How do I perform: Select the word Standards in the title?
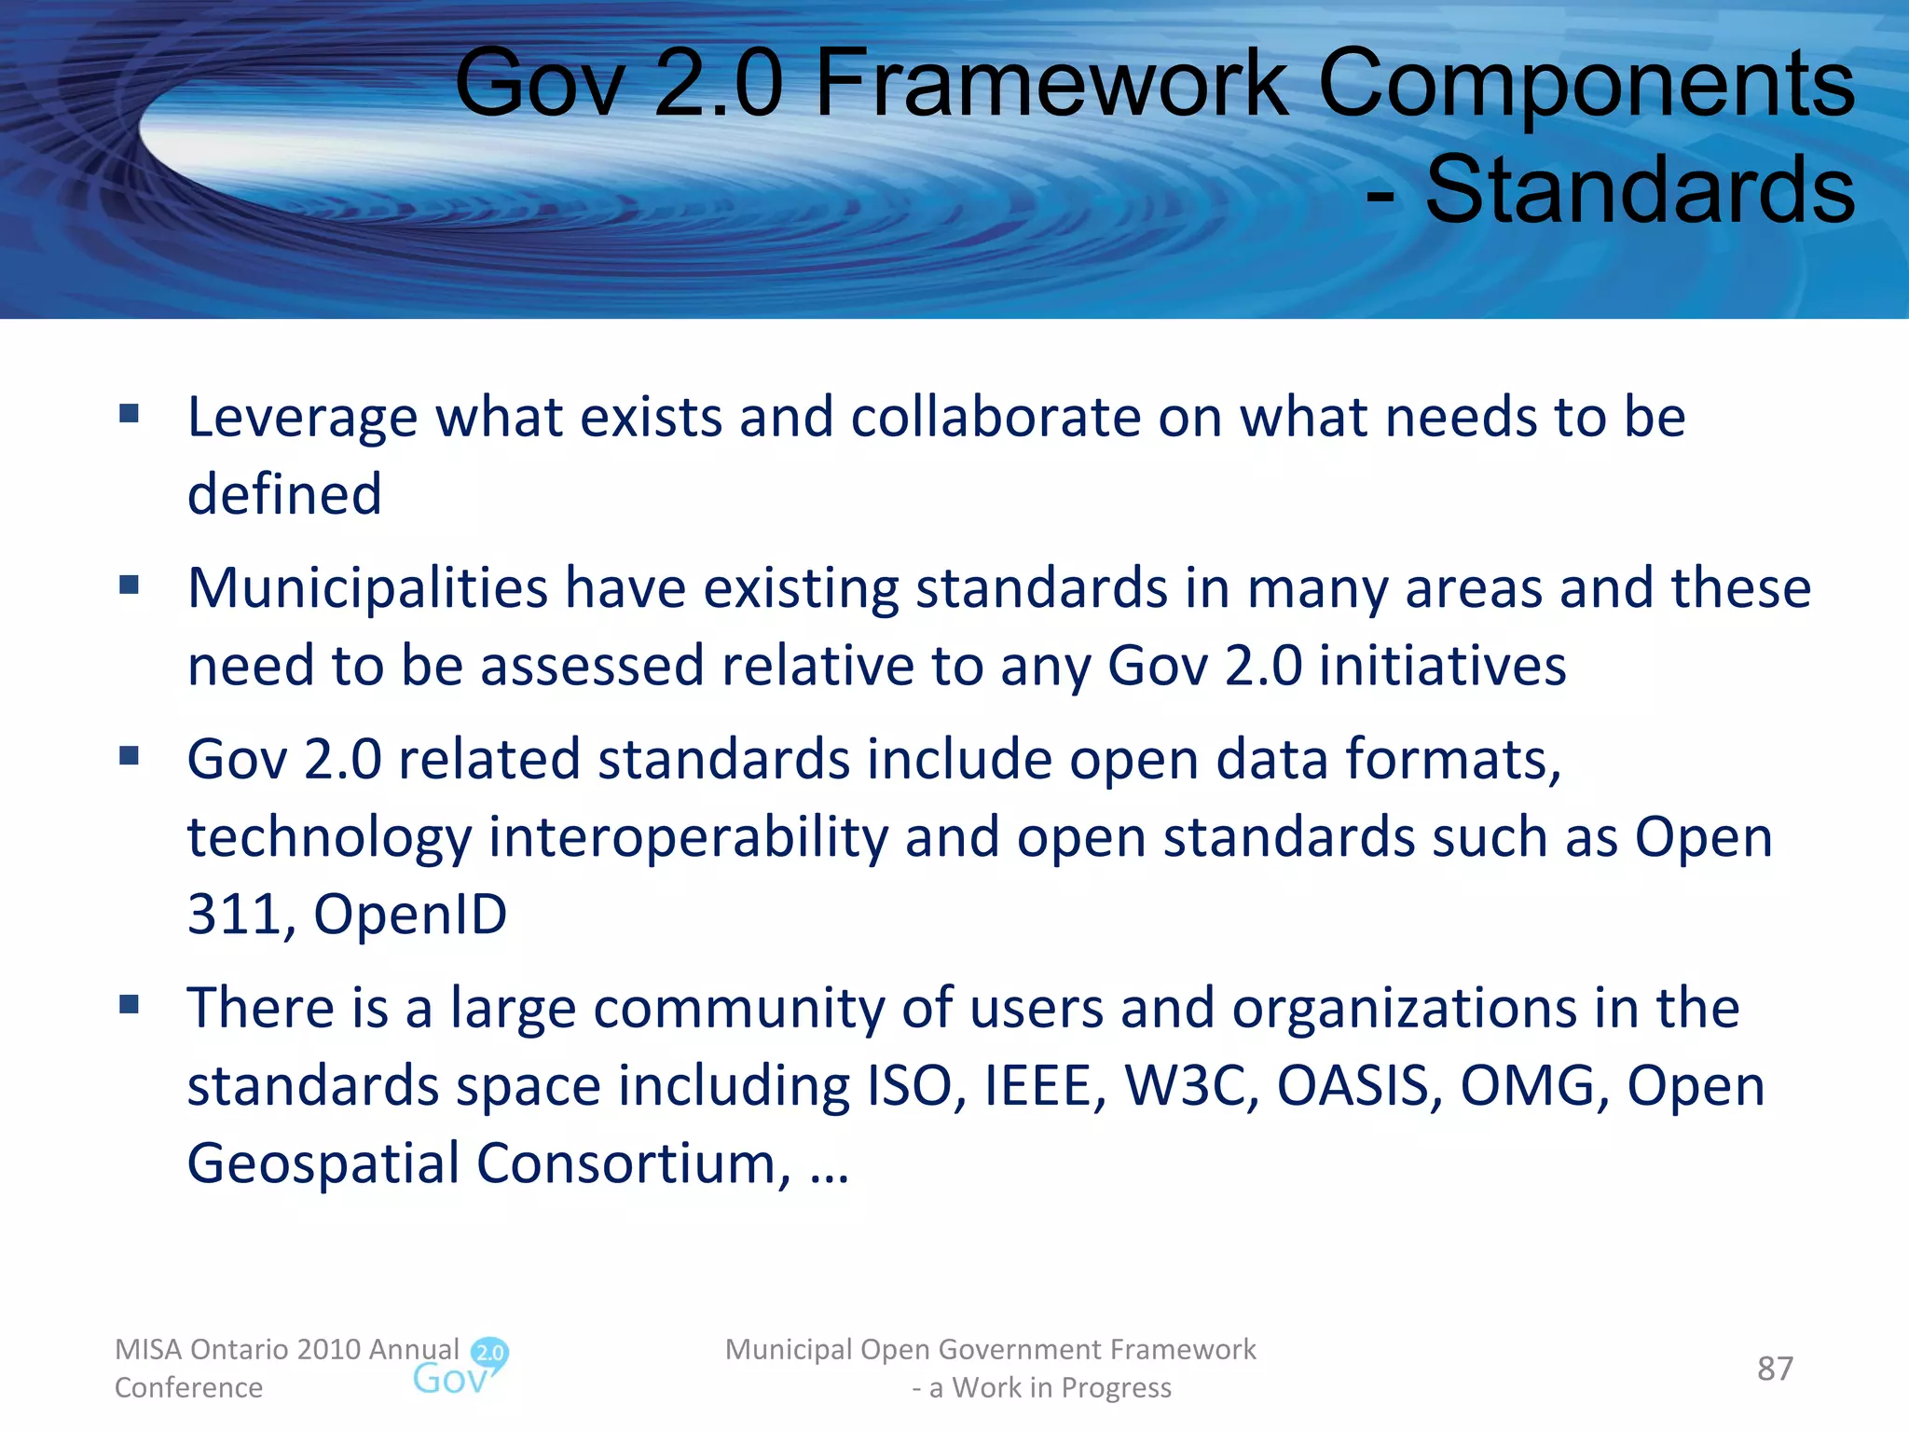[1640, 190]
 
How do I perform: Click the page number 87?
[1775, 1368]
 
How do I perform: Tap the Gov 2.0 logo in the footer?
[461, 1367]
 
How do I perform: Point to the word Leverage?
[303, 417]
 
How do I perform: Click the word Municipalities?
[368, 588]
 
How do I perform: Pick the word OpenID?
[410, 914]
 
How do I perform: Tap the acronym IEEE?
[1043, 1086]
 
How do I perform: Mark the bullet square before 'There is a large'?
[130, 1004]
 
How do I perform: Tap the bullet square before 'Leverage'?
[130, 413]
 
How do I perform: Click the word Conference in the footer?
[188, 1387]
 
